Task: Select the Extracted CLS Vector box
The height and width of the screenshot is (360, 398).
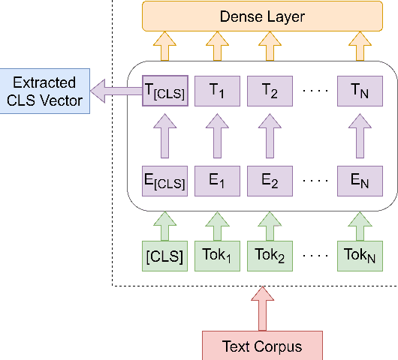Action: (x=44, y=91)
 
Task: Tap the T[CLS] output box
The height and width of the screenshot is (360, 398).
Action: (x=164, y=91)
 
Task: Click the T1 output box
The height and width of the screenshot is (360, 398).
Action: (x=216, y=91)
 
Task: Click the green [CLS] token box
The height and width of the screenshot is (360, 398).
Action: (x=164, y=256)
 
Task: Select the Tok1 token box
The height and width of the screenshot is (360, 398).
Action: (x=216, y=256)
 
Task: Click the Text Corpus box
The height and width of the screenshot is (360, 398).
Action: (x=262, y=346)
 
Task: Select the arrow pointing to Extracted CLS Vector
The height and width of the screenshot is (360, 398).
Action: (x=113, y=91)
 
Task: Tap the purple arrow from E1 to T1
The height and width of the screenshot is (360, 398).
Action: (x=216, y=137)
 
